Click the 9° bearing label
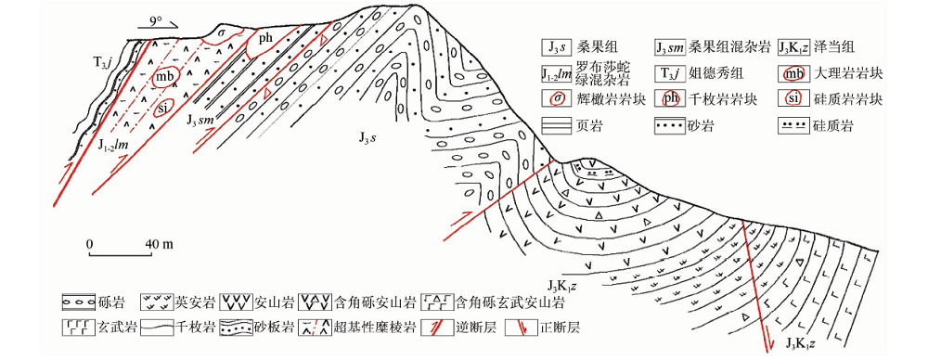[x=155, y=20]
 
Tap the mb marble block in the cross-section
[x=162, y=78]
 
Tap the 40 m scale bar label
[x=159, y=244]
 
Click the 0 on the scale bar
[x=89, y=244]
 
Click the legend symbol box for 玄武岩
[x=78, y=328]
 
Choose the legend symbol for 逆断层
[x=435, y=328]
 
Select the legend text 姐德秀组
[x=716, y=74]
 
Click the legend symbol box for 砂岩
[x=672, y=126]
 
